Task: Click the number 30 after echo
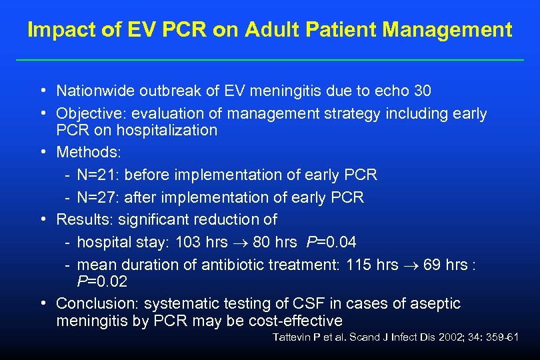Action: click(x=422, y=91)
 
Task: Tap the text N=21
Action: click(x=97, y=175)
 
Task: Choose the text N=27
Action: click(x=97, y=197)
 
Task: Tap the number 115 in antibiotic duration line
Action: click(x=360, y=265)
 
